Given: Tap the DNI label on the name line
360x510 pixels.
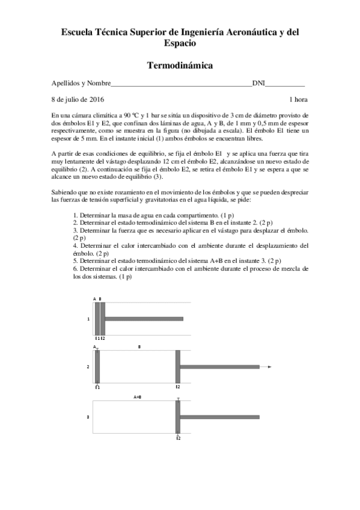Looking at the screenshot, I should coord(258,83).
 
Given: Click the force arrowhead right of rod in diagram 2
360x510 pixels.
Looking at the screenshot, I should coord(270,366).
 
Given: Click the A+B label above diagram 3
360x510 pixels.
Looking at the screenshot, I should coord(138,397).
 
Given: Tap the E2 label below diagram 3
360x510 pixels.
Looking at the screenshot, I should coord(178,439).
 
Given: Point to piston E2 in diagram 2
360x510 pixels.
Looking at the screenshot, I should coord(178,366).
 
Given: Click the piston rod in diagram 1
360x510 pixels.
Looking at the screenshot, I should coord(144,319).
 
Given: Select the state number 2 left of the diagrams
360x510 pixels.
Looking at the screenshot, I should coord(88,366).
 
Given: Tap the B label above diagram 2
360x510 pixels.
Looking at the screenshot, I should coord(139,347).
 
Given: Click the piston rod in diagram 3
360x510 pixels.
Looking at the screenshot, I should coord(219,417).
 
